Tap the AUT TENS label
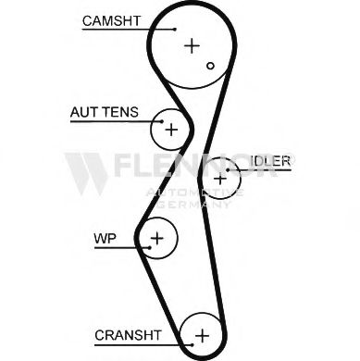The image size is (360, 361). pyautogui.click(x=104, y=113)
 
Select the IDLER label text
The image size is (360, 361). pyautogui.click(x=269, y=160)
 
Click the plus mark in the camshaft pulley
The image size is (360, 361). pyautogui.click(x=192, y=44)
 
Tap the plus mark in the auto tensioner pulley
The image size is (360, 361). pyautogui.click(x=170, y=130)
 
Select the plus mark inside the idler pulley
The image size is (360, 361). pyautogui.click(x=220, y=177)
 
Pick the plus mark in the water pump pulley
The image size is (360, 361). pyautogui.click(x=157, y=239)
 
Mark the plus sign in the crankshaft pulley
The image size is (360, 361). pyautogui.click(x=203, y=333)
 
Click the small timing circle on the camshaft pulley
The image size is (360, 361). pyautogui.click(x=211, y=65)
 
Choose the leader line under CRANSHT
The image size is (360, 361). pyautogui.click(x=139, y=342)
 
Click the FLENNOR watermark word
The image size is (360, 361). pyautogui.click(x=203, y=168)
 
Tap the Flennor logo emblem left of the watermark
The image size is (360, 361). pyautogui.click(x=86, y=172)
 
